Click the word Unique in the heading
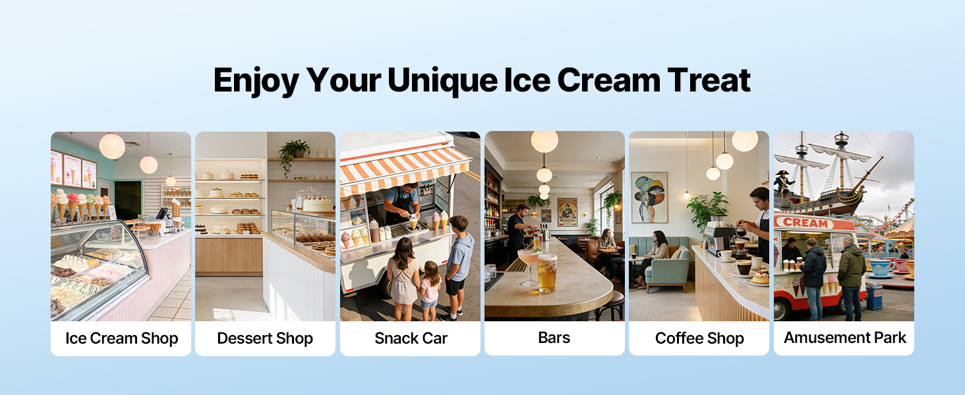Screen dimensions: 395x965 click(441, 80)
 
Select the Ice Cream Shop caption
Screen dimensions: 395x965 click(121, 338)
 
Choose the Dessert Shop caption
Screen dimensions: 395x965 click(265, 338)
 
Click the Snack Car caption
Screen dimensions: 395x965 click(411, 338)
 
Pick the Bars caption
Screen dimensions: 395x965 click(554, 338)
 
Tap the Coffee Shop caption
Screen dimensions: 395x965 click(699, 338)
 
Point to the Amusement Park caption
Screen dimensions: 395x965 click(844, 338)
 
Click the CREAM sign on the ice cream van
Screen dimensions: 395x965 click(804, 223)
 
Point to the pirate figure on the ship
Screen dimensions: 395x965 click(784, 182)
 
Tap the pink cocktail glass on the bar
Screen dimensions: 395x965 click(528, 263)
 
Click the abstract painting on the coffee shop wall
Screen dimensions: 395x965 click(649, 197)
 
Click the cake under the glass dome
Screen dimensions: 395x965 click(318, 203)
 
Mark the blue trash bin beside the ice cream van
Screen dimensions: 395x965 click(874, 296)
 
